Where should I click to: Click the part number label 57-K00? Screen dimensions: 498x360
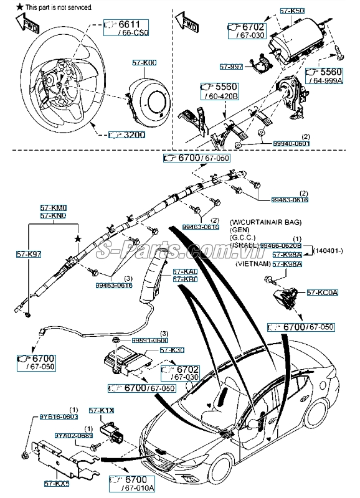click(x=144, y=63)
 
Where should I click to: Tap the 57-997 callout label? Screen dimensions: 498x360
click(x=231, y=66)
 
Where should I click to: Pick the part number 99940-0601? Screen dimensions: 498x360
click(x=291, y=143)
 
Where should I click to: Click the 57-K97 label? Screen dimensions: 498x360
click(x=29, y=255)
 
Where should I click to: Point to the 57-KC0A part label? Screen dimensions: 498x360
click(x=322, y=292)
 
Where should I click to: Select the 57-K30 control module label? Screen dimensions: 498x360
click(x=172, y=351)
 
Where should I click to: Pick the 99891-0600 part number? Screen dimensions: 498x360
click(x=151, y=341)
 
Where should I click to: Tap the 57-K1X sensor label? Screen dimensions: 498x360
click(x=101, y=411)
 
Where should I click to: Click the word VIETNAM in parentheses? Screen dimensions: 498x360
click(x=252, y=264)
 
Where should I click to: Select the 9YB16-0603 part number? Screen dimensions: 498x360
click(x=60, y=416)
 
